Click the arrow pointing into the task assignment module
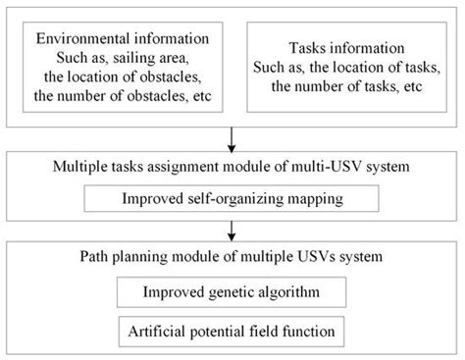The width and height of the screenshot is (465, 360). tap(233, 136)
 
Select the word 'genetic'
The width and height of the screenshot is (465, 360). tap(239, 292)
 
